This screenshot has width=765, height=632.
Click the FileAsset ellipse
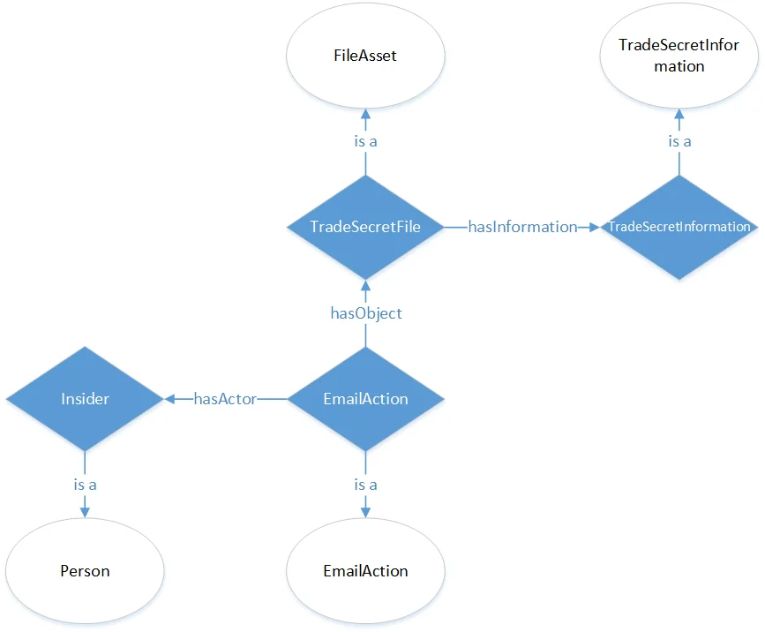365,56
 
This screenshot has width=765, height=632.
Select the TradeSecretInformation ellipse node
679,56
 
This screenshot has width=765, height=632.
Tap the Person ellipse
85,571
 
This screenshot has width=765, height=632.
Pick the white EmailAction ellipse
365,571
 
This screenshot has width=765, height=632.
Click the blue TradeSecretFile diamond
365,227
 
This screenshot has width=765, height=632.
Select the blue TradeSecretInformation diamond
679,227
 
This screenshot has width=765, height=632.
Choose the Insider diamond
85,399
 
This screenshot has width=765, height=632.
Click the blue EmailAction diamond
365,399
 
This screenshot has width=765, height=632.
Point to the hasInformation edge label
522,227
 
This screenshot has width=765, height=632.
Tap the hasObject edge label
365,313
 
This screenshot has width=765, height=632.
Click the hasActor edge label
225,399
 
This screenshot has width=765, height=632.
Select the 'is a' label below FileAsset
365,141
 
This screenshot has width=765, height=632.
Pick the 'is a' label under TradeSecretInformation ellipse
679,141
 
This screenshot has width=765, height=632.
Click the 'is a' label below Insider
85,485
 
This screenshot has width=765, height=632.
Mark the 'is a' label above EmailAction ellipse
365,485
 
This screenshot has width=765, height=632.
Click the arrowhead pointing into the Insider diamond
169,399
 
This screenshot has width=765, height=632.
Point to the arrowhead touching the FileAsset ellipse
365,115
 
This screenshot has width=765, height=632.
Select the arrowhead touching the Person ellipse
85,512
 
